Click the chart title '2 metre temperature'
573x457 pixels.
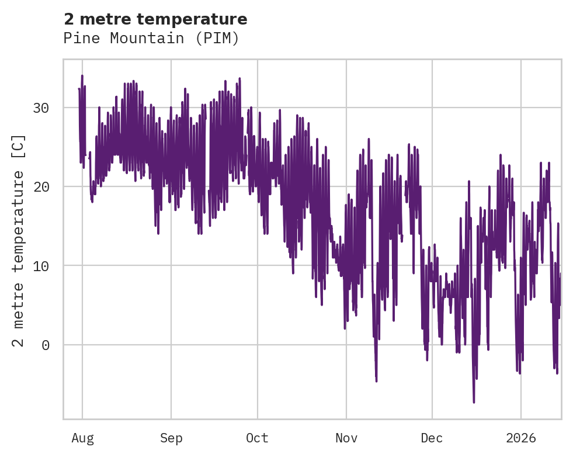(x=155, y=19)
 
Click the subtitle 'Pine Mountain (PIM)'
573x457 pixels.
(x=151, y=39)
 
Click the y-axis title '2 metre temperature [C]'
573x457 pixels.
(x=19, y=241)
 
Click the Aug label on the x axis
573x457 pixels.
(x=82, y=438)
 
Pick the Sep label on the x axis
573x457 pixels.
(x=171, y=438)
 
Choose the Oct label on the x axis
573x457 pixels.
(x=257, y=438)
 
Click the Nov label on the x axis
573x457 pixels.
(x=346, y=438)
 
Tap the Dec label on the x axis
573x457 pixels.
(x=432, y=438)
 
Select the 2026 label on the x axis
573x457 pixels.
(x=520, y=438)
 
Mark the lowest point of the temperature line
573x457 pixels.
(x=474, y=402)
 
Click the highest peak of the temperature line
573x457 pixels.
(x=82, y=75)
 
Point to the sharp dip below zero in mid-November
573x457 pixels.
(x=376, y=381)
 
